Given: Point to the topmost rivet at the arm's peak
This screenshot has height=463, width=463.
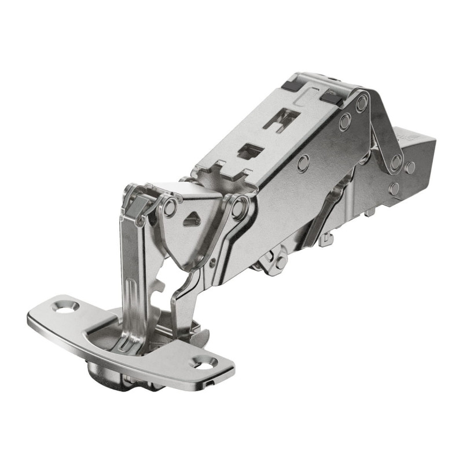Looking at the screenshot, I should pyautogui.click(x=362, y=104).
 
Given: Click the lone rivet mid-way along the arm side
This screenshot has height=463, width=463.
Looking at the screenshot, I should pyautogui.click(x=302, y=164).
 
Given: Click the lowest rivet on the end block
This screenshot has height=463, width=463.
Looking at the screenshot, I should pyautogui.click(x=395, y=188).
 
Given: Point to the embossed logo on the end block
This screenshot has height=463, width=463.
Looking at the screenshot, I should pyautogui.click(x=408, y=137).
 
